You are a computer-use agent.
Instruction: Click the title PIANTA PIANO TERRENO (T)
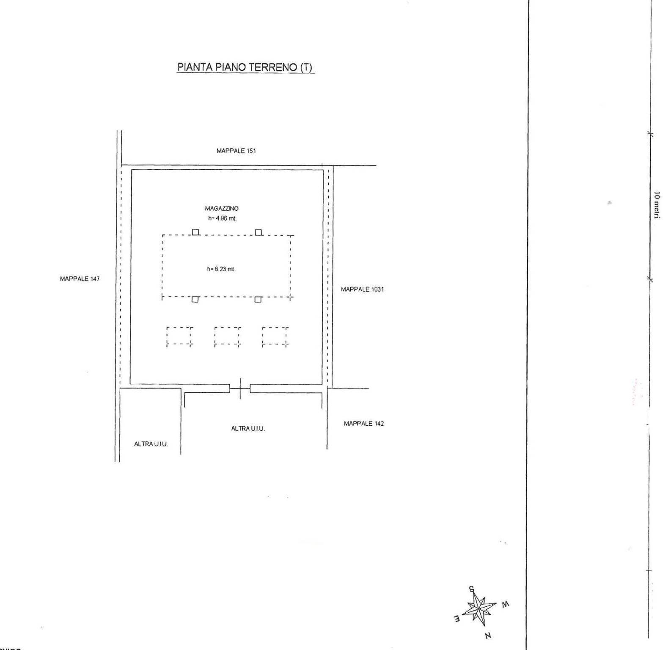click(x=245, y=67)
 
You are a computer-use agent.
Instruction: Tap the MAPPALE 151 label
click(x=236, y=151)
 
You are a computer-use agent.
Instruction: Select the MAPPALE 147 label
click(x=80, y=279)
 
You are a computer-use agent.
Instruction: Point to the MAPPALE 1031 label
click(x=362, y=289)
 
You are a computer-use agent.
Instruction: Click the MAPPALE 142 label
click(x=364, y=424)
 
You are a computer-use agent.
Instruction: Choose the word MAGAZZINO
click(x=222, y=209)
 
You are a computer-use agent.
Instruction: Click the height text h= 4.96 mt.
click(x=222, y=219)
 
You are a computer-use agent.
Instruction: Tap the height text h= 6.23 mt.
click(x=221, y=269)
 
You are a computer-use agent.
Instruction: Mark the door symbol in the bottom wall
click(x=240, y=388)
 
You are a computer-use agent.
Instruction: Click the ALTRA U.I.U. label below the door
click(x=248, y=429)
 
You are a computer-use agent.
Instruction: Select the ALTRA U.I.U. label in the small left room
click(x=151, y=444)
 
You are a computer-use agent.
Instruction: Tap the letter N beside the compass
click(x=488, y=636)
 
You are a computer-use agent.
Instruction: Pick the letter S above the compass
click(x=472, y=589)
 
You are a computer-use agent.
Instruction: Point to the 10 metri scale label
click(x=657, y=205)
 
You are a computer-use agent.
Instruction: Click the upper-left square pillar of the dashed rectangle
click(x=195, y=232)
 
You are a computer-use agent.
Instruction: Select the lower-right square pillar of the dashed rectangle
click(x=258, y=300)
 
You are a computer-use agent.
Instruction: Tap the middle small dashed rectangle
click(x=227, y=336)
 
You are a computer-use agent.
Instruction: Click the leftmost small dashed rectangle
click(x=179, y=336)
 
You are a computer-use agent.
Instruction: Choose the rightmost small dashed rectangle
click(x=275, y=336)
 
